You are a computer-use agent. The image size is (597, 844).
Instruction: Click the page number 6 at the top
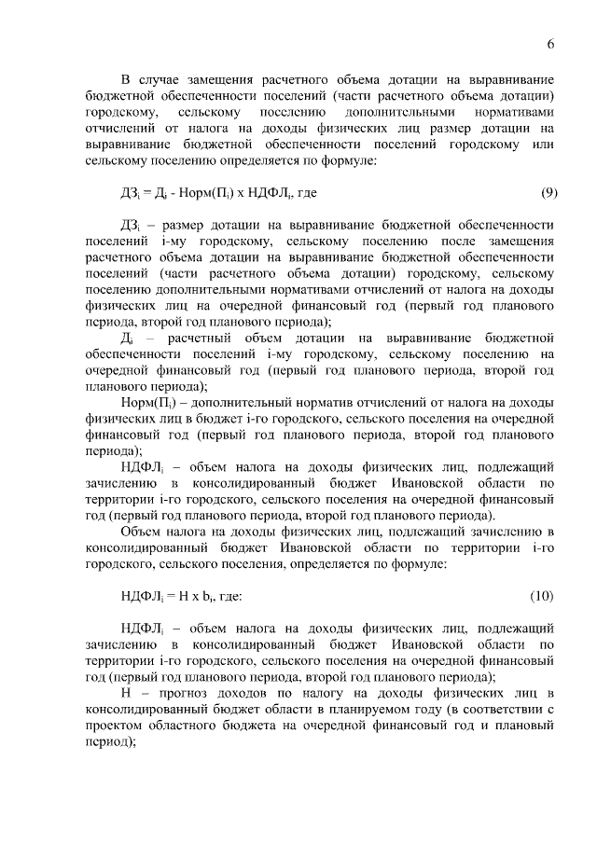(x=550, y=44)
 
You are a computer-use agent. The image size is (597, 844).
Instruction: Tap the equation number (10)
(x=545, y=595)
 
